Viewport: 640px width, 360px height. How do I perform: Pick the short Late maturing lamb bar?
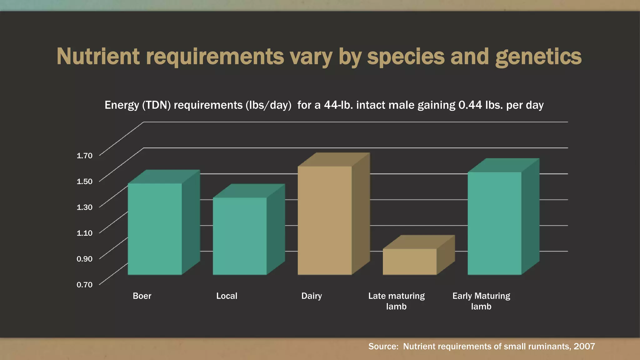410,262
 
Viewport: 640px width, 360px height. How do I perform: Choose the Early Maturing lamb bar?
494,223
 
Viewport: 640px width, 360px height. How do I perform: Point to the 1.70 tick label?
85,156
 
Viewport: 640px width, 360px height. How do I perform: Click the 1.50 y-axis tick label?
85,181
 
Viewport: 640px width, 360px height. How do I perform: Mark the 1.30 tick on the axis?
85,207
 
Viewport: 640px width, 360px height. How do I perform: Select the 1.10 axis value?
85,233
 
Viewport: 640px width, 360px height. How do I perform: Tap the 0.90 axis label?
85,259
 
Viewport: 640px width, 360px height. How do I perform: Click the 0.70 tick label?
85,285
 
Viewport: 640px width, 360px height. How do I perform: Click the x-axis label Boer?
142,296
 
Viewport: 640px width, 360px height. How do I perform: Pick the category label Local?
227,296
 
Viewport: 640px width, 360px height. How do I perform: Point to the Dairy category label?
312,296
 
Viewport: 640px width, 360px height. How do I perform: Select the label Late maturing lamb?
396,301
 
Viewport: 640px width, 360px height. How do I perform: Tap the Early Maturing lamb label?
481,301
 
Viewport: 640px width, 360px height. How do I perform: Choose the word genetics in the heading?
538,57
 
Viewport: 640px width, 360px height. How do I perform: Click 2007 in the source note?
584,346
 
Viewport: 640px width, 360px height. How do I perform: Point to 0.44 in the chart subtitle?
470,105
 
